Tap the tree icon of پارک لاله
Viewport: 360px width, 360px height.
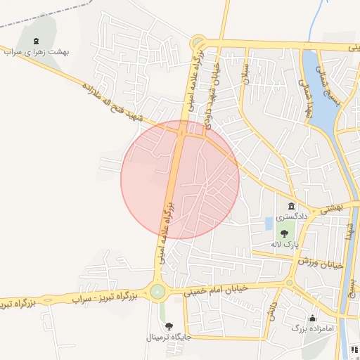[284, 233]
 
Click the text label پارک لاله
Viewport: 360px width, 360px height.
[286, 243]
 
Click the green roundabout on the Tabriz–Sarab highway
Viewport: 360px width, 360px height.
[157, 291]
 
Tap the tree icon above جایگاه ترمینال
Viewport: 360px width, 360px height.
[169, 326]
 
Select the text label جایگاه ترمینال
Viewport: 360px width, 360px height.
[167, 337]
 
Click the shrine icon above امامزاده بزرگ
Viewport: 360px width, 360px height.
[312, 317]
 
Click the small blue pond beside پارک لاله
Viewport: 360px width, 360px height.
[269, 224]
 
